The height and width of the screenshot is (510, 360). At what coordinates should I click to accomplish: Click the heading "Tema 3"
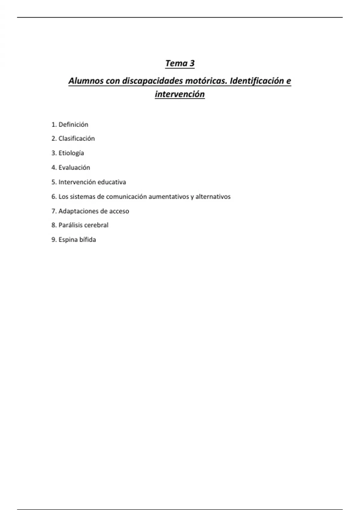click(x=180, y=63)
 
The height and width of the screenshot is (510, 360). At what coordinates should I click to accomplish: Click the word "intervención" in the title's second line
click(x=180, y=94)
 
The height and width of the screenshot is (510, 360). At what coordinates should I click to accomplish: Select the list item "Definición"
click(x=73, y=124)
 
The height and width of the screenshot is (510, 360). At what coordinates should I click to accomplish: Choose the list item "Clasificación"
click(x=76, y=139)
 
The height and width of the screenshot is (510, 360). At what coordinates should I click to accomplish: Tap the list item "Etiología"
click(x=71, y=153)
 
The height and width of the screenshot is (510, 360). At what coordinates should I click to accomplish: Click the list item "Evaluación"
click(x=74, y=167)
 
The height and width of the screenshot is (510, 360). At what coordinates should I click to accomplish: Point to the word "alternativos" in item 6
click(x=213, y=197)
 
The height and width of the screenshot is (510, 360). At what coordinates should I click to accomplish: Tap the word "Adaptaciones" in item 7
click(x=76, y=211)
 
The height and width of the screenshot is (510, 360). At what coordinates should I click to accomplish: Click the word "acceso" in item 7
click(x=119, y=211)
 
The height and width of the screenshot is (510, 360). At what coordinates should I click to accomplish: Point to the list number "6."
click(x=54, y=197)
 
